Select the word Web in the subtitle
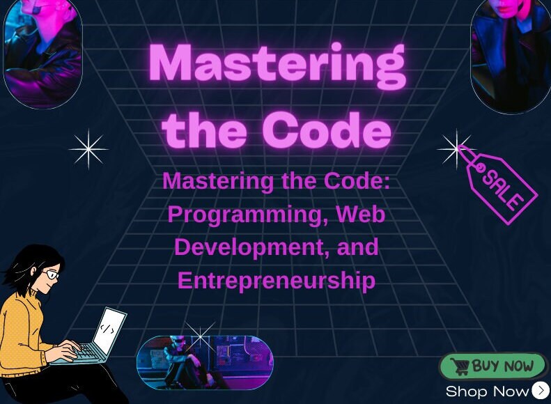[360, 214]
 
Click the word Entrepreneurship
[277, 280]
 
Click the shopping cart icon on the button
[459, 366]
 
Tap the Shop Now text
[487, 391]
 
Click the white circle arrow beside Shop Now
[541, 391]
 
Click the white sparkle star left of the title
[88, 149]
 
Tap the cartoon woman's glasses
[51, 274]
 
